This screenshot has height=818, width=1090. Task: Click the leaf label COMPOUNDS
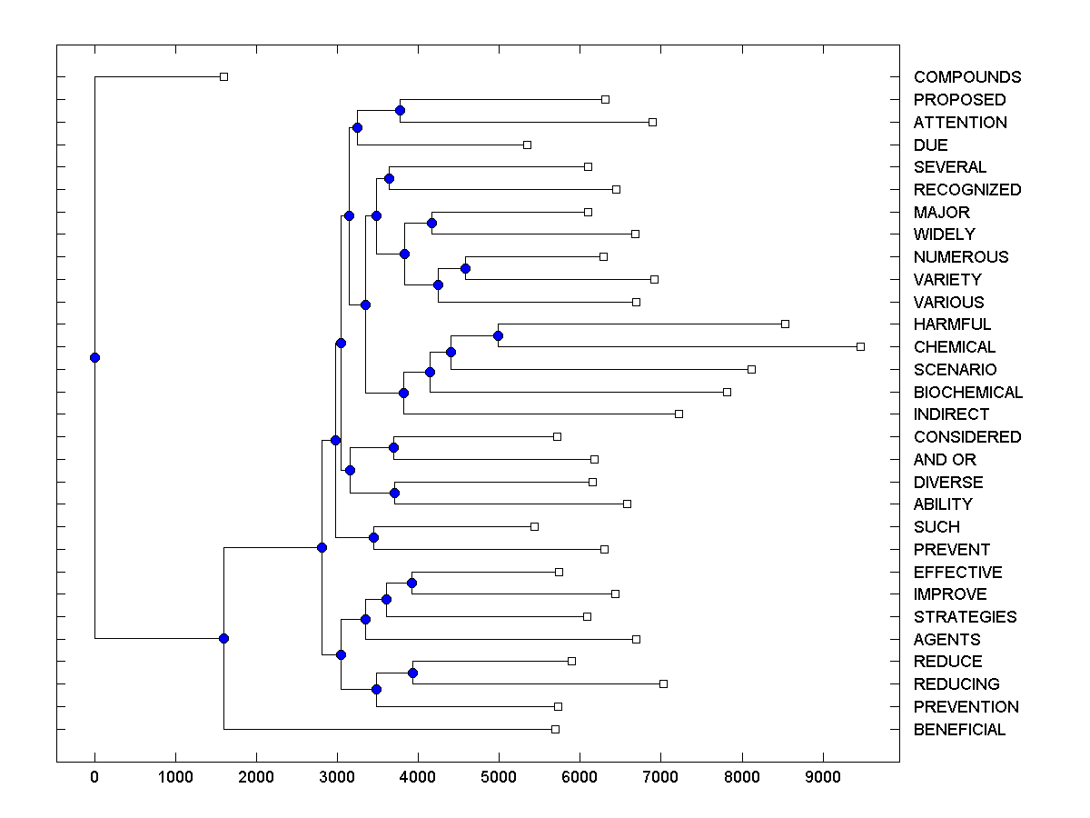tap(967, 77)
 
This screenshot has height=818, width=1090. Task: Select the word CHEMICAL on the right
tap(955, 347)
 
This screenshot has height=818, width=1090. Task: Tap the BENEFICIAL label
tap(959, 730)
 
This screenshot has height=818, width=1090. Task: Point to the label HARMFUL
tap(952, 324)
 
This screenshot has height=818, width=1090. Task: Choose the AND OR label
tap(945, 460)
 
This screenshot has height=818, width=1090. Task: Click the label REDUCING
tap(956, 684)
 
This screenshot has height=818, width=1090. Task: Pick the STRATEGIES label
tap(965, 617)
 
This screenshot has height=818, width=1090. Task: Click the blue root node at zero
tap(94, 357)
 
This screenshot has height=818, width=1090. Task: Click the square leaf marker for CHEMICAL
tap(860, 346)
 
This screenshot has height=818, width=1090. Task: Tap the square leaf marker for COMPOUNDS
tap(224, 76)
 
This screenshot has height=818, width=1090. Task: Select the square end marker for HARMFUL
tap(786, 324)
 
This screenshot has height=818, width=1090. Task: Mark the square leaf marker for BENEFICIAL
tap(555, 729)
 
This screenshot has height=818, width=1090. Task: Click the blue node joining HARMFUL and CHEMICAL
tap(498, 335)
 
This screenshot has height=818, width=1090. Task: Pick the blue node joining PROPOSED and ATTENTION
tap(400, 110)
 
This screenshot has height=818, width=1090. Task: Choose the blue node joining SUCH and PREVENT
tap(373, 537)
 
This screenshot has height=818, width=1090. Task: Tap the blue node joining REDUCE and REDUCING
tap(412, 673)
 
